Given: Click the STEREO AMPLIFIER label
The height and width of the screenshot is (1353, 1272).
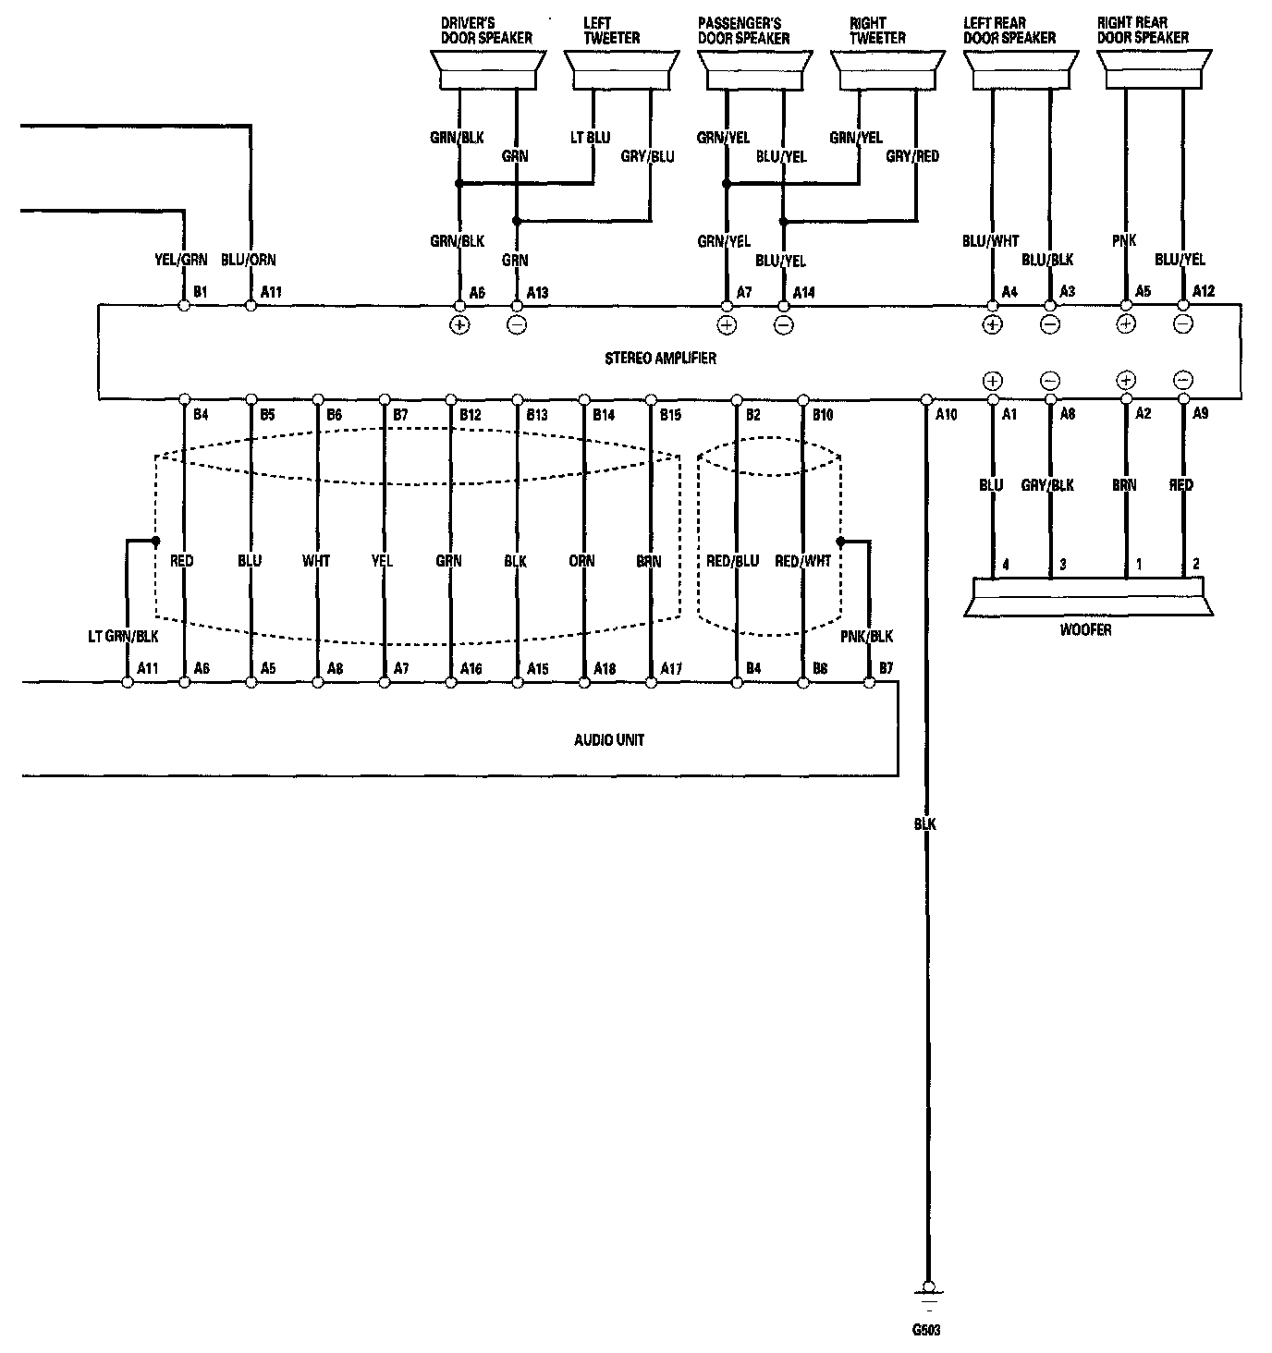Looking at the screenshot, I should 660,358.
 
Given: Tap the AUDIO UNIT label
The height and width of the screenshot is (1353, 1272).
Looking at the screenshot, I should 609,739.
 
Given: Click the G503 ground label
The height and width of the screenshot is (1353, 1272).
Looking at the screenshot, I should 927,1332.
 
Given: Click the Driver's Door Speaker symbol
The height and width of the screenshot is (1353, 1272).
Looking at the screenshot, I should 487,70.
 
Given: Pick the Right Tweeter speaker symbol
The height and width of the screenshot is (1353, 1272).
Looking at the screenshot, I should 887,70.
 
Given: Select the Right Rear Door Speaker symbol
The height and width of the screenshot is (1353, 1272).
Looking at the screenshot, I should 1155,70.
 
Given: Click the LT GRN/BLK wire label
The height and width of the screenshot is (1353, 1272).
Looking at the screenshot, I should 122,636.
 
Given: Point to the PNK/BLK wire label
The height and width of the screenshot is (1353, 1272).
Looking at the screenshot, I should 866,636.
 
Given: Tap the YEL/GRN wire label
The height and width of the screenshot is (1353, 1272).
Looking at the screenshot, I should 181,260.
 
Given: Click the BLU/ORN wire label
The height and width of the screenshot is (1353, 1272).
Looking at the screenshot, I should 249,260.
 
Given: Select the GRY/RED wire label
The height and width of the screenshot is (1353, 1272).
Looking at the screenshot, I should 912,156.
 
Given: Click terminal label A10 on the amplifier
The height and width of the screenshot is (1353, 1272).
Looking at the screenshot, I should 946,415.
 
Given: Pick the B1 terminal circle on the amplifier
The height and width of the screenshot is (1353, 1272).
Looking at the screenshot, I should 184,305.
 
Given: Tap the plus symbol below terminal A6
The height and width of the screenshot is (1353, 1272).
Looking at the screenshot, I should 459,324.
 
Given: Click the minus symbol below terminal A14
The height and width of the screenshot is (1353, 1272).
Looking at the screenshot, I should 784,324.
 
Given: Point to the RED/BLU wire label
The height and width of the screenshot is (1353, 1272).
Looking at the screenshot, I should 732,560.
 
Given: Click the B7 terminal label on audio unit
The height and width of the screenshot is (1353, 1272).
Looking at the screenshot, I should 886,667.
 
